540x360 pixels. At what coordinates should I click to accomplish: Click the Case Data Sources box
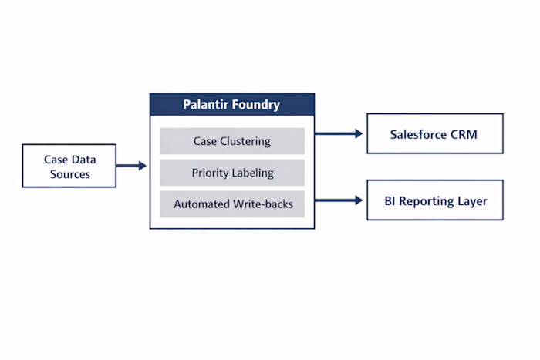70,166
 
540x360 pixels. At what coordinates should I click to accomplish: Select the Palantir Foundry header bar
232,104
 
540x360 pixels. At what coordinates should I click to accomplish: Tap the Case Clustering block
232,141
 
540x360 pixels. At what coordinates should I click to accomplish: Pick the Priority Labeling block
232,173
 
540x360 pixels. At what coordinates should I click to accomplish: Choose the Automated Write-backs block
232,204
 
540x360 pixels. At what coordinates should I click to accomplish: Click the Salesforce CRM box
434,134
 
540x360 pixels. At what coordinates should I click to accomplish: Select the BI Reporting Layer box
434,200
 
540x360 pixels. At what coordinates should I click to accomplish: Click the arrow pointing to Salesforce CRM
339,134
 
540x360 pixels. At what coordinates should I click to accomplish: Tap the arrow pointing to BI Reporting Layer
339,200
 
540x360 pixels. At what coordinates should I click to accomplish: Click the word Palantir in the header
207,104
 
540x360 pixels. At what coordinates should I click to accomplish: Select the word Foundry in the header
258,104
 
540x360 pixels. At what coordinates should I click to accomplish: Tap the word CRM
466,134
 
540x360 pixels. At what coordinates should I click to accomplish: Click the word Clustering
245,141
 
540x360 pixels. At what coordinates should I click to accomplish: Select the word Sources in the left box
70,174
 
